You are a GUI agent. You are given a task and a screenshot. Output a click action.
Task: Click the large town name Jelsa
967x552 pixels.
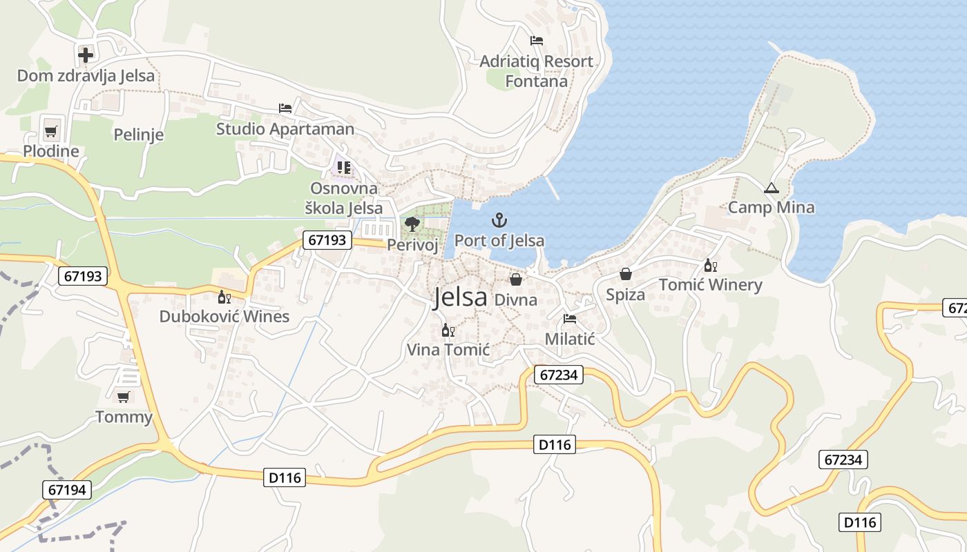click(x=460, y=297)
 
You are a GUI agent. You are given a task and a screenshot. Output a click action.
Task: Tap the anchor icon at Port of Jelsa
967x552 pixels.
click(x=499, y=221)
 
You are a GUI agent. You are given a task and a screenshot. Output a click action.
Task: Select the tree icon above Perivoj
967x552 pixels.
click(x=412, y=224)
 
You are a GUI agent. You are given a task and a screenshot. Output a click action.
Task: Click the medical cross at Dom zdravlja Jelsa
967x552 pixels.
click(x=86, y=55)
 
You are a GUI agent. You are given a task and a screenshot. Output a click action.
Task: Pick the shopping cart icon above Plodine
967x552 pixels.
click(x=50, y=131)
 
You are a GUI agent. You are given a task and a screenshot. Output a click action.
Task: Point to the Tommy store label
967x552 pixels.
click(x=124, y=417)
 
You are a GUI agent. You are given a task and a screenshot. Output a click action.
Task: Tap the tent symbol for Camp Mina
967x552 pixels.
click(x=771, y=188)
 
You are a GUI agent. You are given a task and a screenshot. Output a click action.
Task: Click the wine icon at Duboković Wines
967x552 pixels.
click(x=224, y=297)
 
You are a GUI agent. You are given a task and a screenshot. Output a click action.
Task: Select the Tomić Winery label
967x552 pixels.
click(x=710, y=285)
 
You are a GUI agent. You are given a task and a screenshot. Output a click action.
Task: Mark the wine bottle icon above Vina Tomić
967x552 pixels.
click(x=448, y=331)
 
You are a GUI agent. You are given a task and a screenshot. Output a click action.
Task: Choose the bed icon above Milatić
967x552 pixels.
click(x=570, y=319)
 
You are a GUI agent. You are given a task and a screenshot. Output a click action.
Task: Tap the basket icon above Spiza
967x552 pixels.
click(x=625, y=275)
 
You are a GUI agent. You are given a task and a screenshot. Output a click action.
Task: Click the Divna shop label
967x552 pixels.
click(x=516, y=299)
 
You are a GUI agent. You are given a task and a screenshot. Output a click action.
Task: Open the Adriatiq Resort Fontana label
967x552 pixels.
click(x=536, y=71)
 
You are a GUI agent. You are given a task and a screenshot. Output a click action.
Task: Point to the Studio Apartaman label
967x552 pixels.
click(x=285, y=129)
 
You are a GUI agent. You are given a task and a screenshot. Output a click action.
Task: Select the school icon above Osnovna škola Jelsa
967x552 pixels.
click(x=343, y=168)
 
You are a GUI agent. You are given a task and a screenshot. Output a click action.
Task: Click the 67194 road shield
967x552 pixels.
click(x=68, y=490)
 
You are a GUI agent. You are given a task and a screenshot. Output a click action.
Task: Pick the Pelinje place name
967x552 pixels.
click(x=139, y=135)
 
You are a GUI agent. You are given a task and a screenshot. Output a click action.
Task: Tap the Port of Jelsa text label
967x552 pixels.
click(x=499, y=241)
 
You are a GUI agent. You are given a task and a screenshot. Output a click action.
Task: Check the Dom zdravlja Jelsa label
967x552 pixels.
click(x=86, y=76)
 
